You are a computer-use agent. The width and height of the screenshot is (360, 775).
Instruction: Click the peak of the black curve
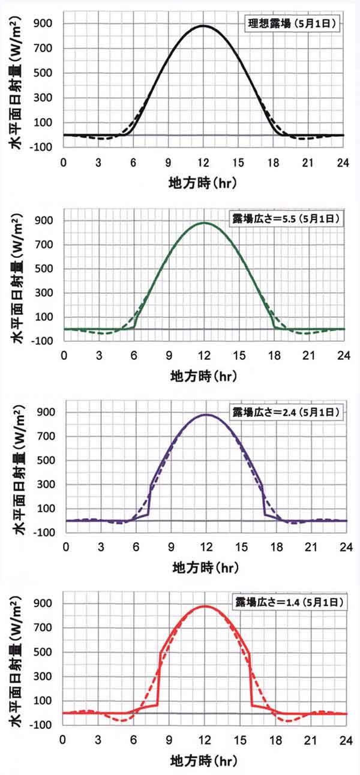203,26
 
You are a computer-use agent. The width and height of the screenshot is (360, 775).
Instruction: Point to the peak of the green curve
204,223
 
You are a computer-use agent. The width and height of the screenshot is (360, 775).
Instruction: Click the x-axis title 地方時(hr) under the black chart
203,184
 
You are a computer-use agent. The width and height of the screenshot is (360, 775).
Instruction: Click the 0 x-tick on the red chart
64,738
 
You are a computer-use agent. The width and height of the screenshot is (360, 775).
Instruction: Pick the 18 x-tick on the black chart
274,161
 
